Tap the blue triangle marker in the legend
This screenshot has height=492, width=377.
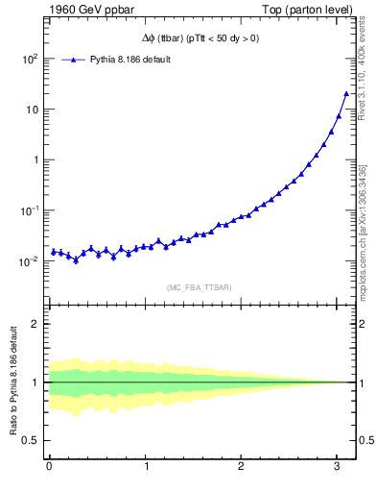pyautogui.click(x=75, y=60)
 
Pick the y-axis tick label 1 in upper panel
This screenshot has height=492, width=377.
pyautogui.click(x=36, y=160)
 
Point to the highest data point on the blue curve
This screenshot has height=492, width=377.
pyautogui.click(x=345, y=93)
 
